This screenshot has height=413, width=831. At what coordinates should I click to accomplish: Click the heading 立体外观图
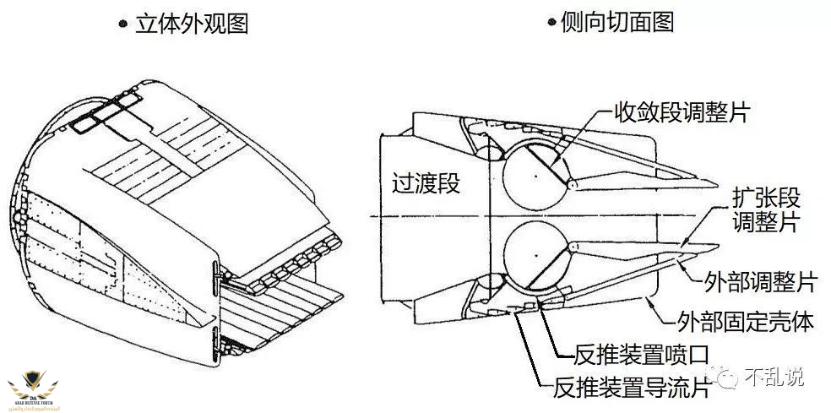(192, 23)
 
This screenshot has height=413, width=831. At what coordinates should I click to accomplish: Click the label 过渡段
(426, 183)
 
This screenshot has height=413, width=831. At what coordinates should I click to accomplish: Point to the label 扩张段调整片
(765, 211)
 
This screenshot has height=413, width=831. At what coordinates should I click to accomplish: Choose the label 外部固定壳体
(746, 322)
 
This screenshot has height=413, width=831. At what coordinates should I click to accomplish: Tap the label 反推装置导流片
(631, 388)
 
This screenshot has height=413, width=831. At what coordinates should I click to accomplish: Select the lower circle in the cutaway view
(536, 254)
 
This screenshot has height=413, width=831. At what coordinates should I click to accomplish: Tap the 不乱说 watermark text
(774, 377)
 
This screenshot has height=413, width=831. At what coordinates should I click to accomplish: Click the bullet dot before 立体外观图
(123, 24)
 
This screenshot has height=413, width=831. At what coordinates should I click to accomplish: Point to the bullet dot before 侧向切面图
(551, 24)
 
